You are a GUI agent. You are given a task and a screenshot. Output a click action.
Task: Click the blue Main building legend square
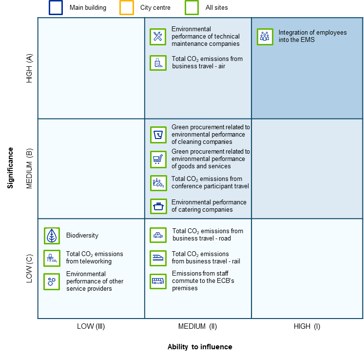click(56, 8)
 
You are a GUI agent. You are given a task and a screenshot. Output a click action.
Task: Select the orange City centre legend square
click(127, 8)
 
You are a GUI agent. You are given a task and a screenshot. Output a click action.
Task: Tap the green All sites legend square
click(192, 8)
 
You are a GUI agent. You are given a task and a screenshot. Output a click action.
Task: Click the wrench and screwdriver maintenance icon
click(158, 37)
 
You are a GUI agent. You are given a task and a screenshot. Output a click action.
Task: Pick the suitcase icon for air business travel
click(158, 63)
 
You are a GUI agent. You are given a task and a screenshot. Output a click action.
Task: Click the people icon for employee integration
click(265, 37)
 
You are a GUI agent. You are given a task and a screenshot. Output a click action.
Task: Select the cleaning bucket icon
click(158, 135)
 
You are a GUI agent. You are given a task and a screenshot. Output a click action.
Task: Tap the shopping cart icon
click(158, 160)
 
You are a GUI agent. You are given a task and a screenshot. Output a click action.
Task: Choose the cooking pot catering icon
click(158, 206)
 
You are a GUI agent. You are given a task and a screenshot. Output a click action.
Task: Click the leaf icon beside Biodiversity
click(52, 236)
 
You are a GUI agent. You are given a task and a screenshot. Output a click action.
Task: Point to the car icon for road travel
click(158, 235)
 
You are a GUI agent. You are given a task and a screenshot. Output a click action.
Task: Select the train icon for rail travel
click(158, 258)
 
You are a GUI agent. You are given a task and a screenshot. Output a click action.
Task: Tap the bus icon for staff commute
click(158, 281)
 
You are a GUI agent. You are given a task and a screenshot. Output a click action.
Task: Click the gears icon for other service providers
click(52, 281)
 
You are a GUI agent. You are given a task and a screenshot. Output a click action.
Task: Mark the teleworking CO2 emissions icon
click(52, 258)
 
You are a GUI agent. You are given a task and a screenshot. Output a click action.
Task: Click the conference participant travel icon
click(158, 183)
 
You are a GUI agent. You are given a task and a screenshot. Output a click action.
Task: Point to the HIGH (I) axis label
click(307, 326)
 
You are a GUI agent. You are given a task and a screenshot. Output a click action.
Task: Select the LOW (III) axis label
click(91, 326)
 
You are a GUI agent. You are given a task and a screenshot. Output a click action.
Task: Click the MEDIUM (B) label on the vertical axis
click(29, 168)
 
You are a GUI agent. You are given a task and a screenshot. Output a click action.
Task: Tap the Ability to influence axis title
click(200, 347)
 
